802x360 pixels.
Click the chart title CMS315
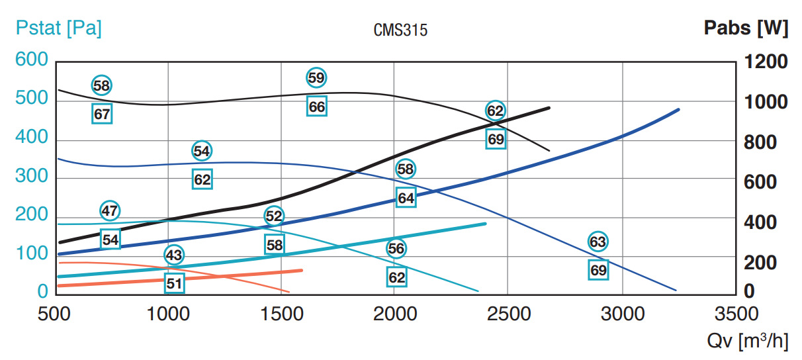[x=400, y=30]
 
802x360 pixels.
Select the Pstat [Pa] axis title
[x=58, y=29]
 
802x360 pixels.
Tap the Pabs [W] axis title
[x=745, y=28]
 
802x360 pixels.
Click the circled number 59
[x=317, y=77]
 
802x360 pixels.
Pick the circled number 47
[x=111, y=211]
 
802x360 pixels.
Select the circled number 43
[x=174, y=255]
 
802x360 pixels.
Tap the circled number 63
[x=598, y=242]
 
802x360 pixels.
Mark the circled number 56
[x=396, y=248]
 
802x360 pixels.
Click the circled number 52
[x=274, y=216]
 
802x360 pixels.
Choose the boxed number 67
[x=102, y=114]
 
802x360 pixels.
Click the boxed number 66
[x=317, y=106]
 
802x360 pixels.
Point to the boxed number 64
[x=406, y=197]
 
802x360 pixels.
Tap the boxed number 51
[x=174, y=283]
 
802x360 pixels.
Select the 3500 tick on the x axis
[x=736, y=312]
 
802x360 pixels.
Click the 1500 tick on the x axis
[x=282, y=312]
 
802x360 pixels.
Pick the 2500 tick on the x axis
[x=508, y=312]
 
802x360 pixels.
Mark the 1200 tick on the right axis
[x=766, y=62]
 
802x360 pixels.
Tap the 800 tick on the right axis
[x=766, y=142]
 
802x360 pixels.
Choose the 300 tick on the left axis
[x=32, y=176]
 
